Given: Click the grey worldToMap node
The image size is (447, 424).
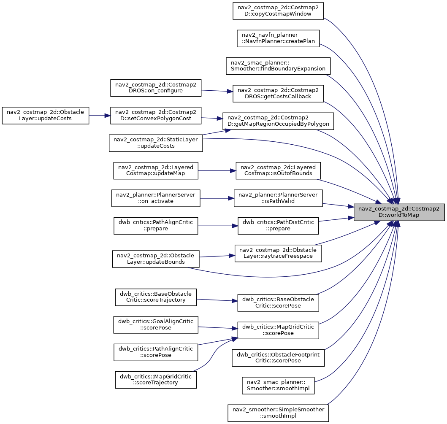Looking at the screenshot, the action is [399, 212].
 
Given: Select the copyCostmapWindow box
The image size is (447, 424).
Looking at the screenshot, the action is [278, 11].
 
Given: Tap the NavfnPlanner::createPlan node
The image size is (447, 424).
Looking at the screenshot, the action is [278, 38].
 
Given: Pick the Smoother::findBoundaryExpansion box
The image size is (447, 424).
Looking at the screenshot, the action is [278, 66].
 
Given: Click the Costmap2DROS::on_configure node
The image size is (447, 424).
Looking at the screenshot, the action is [156, 88].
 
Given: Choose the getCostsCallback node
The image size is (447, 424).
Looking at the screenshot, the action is [278, 94].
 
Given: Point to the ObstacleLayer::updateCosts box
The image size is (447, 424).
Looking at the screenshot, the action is [45, 116].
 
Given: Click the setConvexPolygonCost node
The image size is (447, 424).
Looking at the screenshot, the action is [156, 116].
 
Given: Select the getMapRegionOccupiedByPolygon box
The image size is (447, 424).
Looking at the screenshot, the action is [278, 121].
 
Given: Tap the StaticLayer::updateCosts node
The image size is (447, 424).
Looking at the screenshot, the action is [156, 143].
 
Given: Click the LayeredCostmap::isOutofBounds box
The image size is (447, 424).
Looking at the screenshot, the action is [278, 171].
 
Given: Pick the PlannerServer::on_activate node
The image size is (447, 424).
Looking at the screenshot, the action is [156, 198].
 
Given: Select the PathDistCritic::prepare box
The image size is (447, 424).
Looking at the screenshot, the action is [278, 226].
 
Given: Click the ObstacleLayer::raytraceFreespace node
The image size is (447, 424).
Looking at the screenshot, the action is [278, 253].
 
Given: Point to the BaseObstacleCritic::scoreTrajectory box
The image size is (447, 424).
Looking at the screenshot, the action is [156, 297].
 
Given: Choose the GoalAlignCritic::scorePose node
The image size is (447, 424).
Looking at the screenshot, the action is [156, 324].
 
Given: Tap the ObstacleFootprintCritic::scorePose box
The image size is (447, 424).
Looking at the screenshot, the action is [278, 358].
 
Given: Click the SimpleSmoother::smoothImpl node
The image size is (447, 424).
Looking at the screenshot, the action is [278, 413].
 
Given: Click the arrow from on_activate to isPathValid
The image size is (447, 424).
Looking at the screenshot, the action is [217, 198].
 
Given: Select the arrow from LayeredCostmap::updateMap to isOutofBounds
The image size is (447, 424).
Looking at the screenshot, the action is [217, 171].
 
